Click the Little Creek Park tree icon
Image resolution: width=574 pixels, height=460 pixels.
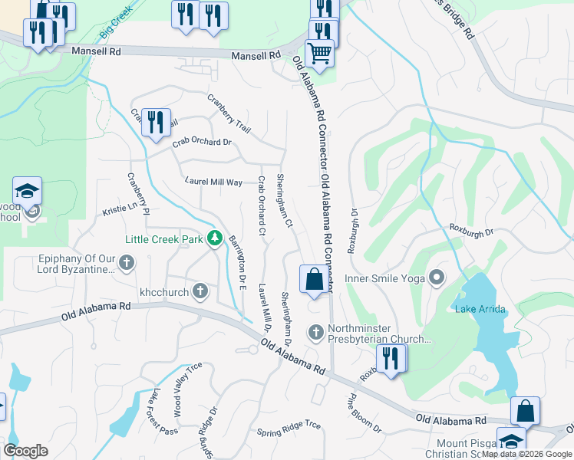pos(216,239)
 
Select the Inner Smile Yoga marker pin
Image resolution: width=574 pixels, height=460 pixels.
pos(437,277)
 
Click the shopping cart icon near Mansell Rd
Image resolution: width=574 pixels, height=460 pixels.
pos(319,54)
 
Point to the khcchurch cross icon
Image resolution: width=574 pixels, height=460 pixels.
pos(200,291)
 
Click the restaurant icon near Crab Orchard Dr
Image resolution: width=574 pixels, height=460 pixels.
pos(156,122)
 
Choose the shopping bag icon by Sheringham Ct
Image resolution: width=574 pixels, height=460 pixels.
pos(314,279)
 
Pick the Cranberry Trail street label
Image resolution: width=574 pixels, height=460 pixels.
pos(229,113)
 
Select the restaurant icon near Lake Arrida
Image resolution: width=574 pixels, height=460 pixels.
pos(391,359)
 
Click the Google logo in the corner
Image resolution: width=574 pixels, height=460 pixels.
pos(25,451)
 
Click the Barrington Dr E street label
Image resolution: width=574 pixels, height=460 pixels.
pos(236,263)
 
